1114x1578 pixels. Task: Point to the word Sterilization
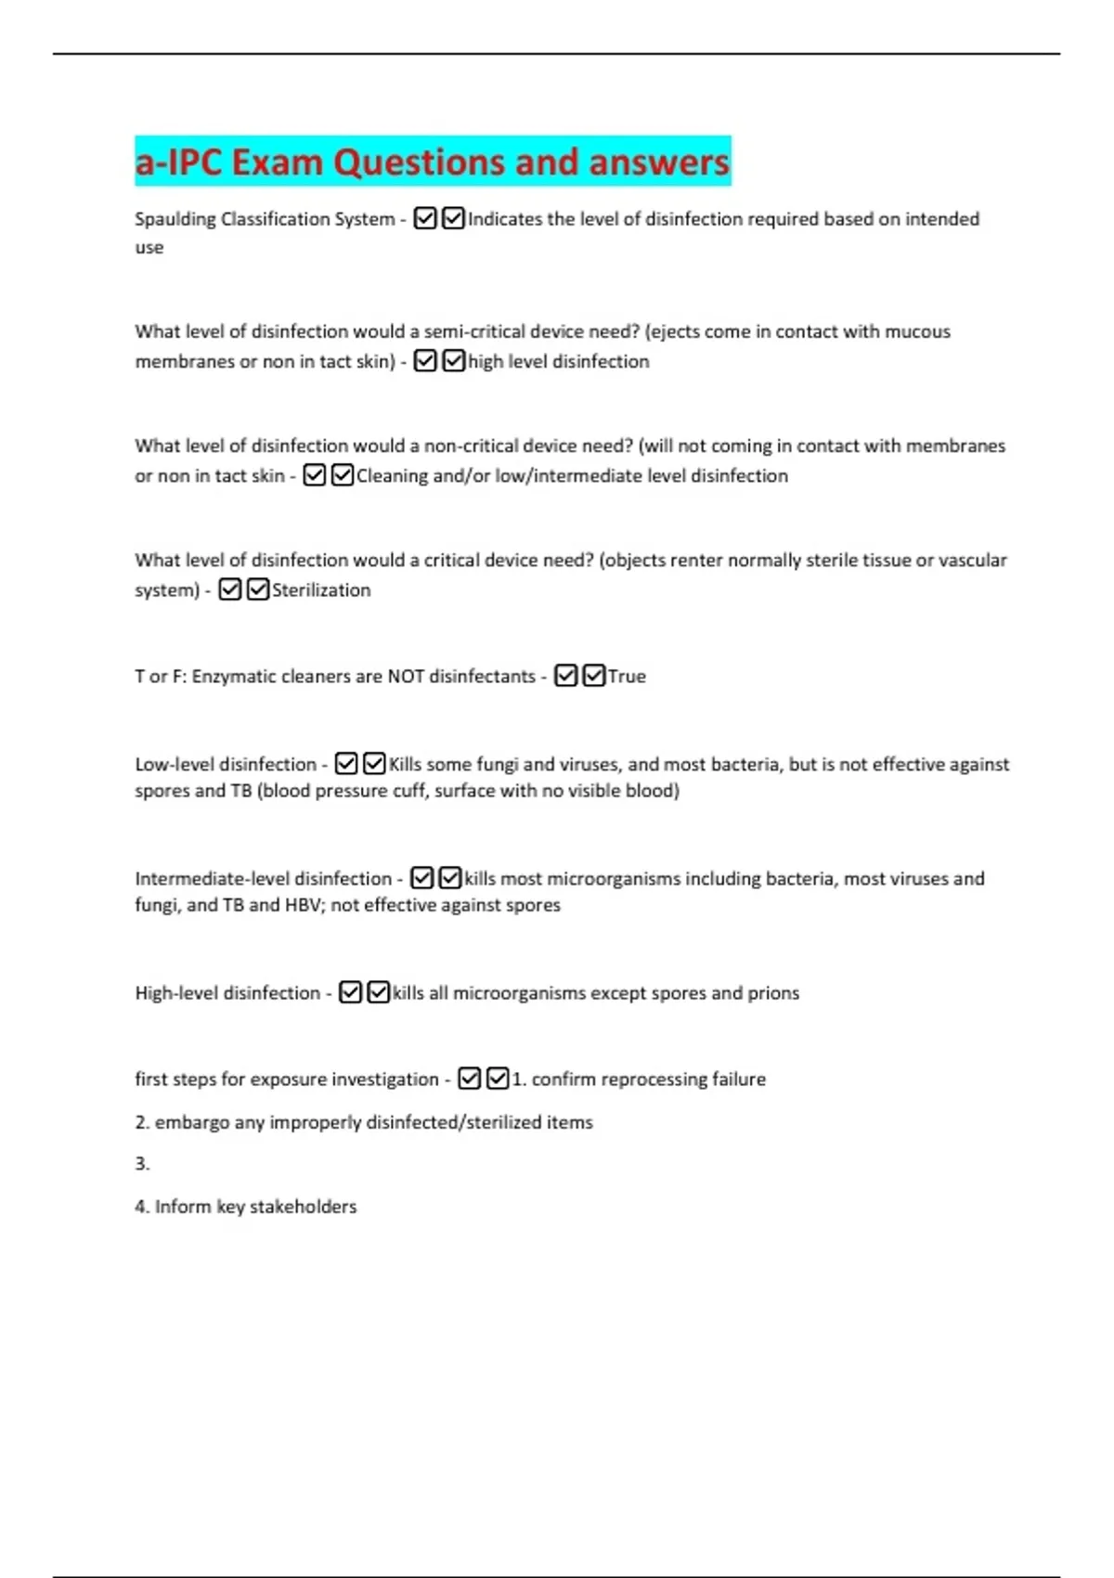point(321,589)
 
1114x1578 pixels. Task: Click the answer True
point(627,676)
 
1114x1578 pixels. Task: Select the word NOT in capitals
point(406,676)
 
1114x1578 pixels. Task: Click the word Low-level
point(180,764)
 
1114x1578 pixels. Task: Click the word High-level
point(183,992)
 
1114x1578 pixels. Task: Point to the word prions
point(773,992)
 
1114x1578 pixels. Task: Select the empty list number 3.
point(142,1164)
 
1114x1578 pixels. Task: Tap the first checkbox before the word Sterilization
point(230,589)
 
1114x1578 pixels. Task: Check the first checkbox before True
point(565,676)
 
